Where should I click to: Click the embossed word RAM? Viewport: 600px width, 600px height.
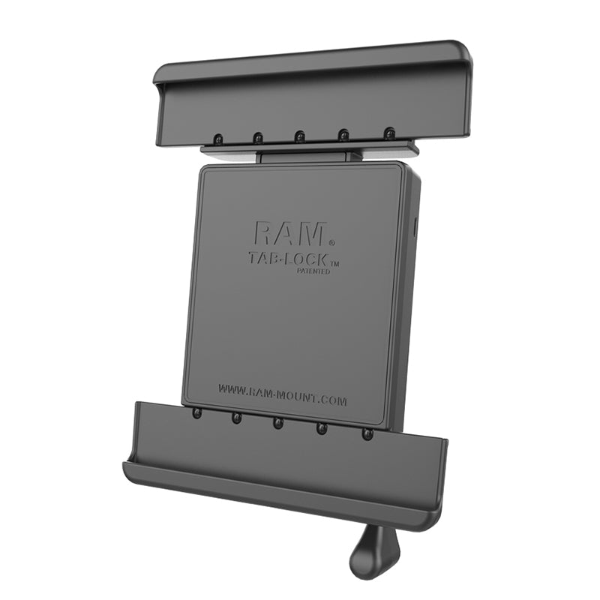coord(289,233)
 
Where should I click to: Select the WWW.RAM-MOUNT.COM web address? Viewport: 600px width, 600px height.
coord(282,395)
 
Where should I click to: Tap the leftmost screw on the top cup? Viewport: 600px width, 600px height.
coord(217,139)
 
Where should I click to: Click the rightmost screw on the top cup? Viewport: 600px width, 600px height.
coord(388,133)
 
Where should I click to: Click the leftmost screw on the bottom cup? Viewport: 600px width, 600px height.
coord(197,414)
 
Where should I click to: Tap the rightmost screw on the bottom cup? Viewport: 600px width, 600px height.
coord(367,434)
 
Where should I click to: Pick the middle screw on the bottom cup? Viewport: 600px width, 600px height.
coord(277,424)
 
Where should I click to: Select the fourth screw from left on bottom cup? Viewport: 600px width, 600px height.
coord(322,429)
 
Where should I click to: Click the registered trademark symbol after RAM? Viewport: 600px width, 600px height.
coord(331,242)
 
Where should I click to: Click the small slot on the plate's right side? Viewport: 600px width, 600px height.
coord(415,225)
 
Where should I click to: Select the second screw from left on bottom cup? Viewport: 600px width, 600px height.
coord(236,418)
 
